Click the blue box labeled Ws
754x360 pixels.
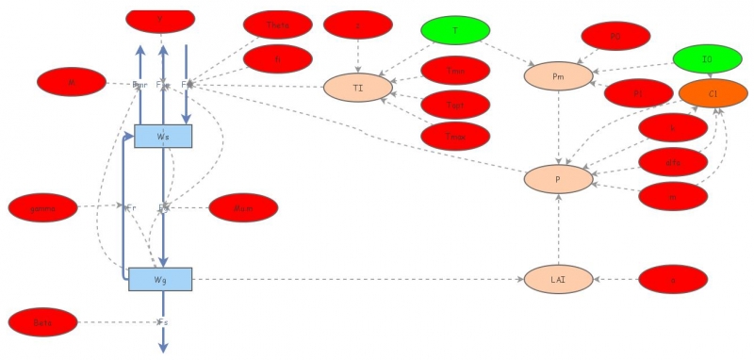tap(163, 136)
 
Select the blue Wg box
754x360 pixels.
tap(160, 278)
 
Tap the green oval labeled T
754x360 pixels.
tap(455, 31)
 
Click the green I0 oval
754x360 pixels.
tap(707, 59)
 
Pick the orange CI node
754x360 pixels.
tap(713, 92)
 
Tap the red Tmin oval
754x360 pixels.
tap(455, 71)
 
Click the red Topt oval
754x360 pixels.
tap(455, 104)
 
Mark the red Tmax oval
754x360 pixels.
tap(455, 136)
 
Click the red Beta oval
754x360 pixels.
tap(42, 322)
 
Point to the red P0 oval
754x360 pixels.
tap(616, 36)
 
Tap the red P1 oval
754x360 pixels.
tap(638, 93)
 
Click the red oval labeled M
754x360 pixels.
tap(72, 82)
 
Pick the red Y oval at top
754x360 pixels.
tap(161, 17)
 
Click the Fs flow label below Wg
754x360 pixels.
tap(163, 322)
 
